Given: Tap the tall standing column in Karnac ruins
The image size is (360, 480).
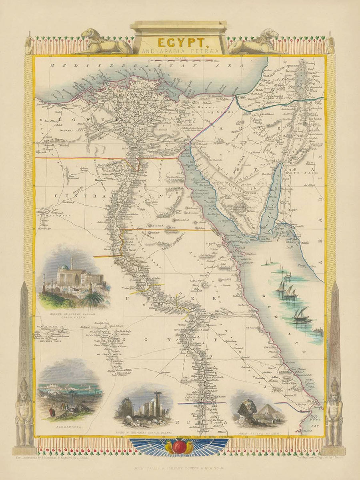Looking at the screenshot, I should [158, 404].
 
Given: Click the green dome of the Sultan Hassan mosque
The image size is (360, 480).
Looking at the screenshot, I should [64, 267].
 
